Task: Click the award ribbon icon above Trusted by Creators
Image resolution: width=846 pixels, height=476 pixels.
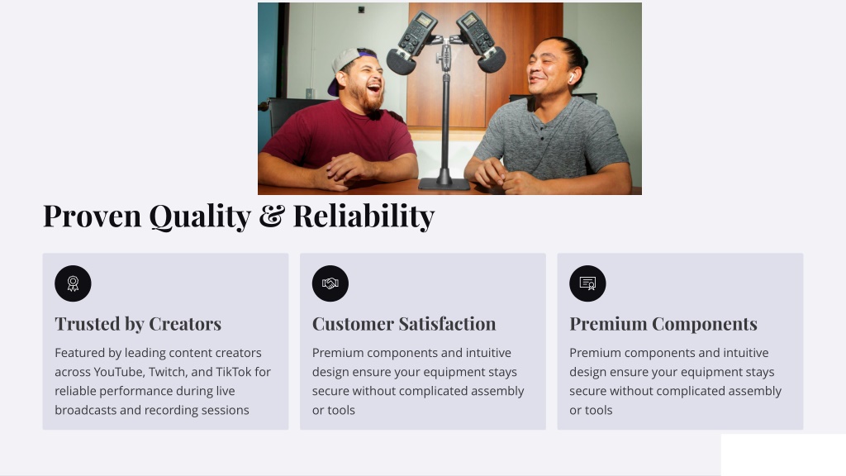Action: tap(73, 283)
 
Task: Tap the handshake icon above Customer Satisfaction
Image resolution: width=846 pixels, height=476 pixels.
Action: tap(330, 283)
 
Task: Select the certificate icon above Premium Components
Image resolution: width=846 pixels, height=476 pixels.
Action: tap(587, 283)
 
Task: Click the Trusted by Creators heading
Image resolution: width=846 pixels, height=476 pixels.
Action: tap(138, 324)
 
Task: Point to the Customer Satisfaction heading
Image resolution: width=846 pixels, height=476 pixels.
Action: tap(404, 324)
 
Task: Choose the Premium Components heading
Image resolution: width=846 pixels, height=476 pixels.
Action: tap(663, 324)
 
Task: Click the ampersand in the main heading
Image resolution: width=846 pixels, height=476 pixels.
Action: tap(272, 216)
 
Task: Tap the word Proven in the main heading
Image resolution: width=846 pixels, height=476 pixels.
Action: tap(93, 216)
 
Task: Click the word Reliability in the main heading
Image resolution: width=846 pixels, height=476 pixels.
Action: tap(364, 216)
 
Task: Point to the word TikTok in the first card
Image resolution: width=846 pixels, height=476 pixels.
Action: tap(234, 372)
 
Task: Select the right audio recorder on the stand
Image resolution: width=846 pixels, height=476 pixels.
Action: tap(480, 42)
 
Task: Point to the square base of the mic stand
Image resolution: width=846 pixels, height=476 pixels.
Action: tap(444, 183)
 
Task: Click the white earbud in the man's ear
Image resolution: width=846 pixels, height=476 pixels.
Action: tap(571, 79)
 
